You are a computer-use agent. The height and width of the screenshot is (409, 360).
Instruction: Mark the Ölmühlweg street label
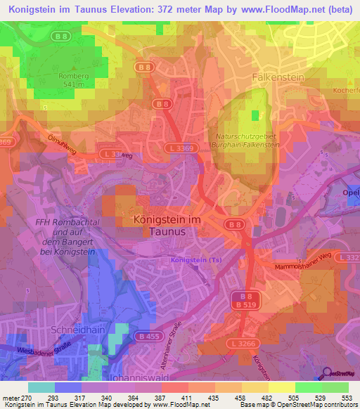point(63,142)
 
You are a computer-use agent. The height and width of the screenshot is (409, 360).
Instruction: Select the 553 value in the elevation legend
point(346,398)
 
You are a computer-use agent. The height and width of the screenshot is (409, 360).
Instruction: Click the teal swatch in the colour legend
point(41,387)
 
